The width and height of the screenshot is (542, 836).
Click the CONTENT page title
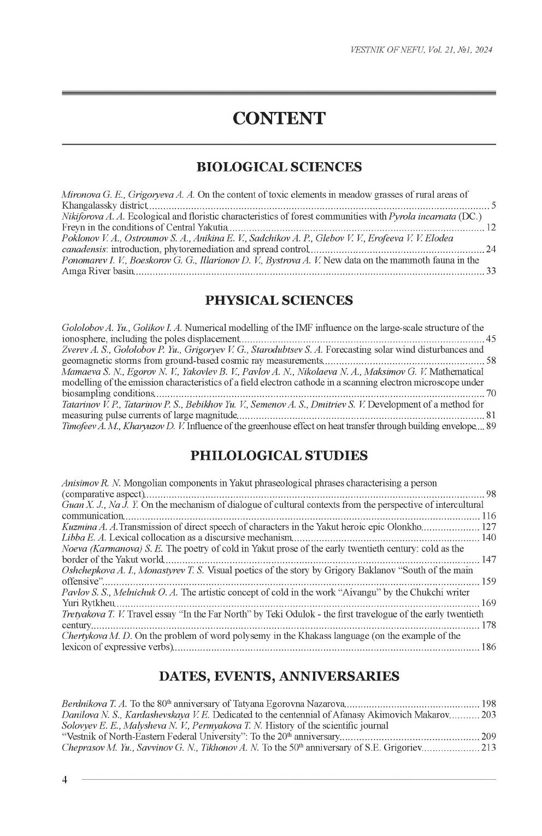279,118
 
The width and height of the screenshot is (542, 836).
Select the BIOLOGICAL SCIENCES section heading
279,167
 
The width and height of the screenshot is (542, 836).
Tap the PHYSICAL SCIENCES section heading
279,300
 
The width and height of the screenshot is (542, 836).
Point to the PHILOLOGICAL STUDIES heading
279,456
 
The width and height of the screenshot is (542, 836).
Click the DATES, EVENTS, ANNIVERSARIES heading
279,677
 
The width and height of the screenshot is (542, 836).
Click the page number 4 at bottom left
64,780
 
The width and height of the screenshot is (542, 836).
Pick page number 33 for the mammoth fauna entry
491,271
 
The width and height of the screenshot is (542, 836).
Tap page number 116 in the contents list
488,516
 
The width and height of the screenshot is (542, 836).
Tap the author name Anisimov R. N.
91,483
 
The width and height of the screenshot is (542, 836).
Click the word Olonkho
404,527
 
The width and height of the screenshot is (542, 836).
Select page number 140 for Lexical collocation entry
488,538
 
